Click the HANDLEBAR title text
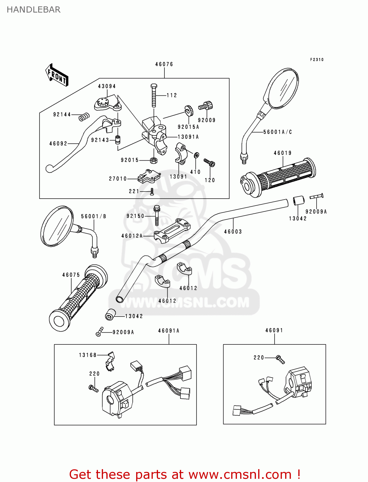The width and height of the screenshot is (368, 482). click(33, 10)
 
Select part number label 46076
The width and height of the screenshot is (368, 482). click(164, 64)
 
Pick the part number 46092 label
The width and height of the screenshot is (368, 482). click(58, 144)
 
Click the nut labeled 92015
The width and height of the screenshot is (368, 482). click(153, 160)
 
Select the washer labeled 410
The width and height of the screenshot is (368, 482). click(197, 155)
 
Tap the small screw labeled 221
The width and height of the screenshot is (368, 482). click(152, 192)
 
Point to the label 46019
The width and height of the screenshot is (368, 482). click(283, 153)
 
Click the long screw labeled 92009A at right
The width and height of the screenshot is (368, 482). click(317, 196)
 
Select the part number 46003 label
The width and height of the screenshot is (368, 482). click(233, 231)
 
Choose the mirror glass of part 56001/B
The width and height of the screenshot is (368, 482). click(57, 226)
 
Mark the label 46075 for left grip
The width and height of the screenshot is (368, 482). click(71, 275)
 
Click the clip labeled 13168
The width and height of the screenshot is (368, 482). click(110, 362)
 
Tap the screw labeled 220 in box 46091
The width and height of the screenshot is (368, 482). click(280, 359)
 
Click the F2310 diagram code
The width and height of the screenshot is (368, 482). click(317, 60)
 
